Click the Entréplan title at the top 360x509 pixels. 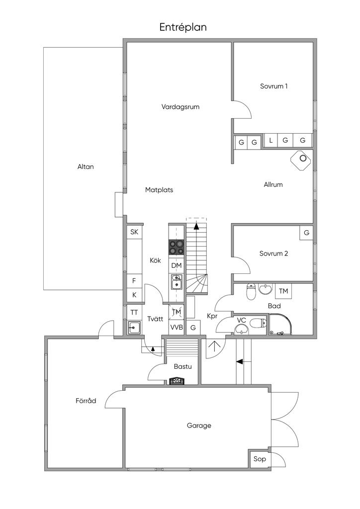coord(182,27)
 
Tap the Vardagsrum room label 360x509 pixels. coord(180,106)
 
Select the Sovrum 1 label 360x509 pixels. coord(274,86)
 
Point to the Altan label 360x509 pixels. coord(86,167)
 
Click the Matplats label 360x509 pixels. coord(159,189)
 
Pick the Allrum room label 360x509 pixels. coord(273,184)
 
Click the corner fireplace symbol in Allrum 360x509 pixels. coord(301,160)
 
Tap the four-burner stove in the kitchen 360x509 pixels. coord(176,247)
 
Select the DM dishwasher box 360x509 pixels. coord(176,265)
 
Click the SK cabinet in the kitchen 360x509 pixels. coord(134,232)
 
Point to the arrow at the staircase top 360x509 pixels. coord(196,226)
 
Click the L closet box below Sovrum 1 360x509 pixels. coord(270,141)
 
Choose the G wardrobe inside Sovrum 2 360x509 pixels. coord(306,233)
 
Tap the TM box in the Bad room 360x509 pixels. coord(283,291)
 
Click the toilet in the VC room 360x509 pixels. coord(257,324)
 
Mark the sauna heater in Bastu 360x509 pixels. coord(177,381)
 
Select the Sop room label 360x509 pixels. coord(260,459)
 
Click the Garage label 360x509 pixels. coord(199,425)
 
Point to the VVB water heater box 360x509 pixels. coord(176,328)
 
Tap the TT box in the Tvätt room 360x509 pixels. coord(134,313)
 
